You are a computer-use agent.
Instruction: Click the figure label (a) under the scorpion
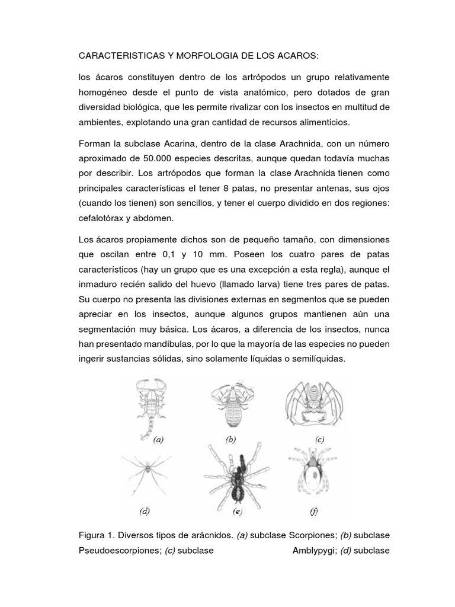(x=158, y=440)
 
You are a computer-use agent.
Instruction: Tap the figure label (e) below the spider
(x=238, y=510)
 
